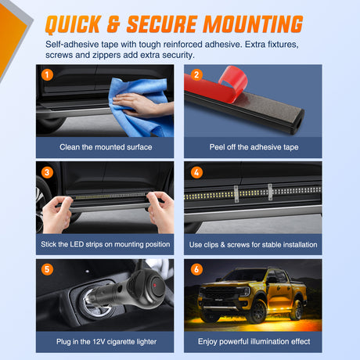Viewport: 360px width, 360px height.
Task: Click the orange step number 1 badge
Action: [x=47, y=75]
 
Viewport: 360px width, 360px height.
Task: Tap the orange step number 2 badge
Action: [x=196, y=75]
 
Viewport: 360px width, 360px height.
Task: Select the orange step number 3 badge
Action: [x=47, y=172]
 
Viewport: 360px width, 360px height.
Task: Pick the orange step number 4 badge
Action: [x=196, y=172]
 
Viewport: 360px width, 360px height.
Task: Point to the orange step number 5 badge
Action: [x=47, y=269]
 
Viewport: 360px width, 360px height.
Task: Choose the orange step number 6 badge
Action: [x=196, y=269]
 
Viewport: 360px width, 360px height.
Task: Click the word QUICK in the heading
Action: [x=74, y=24]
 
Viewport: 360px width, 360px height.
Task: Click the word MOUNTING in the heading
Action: [x=253, y=24]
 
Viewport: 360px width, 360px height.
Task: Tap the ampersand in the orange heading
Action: [x=114, y=24]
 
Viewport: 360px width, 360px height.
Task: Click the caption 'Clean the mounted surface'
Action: [x=106, y=147]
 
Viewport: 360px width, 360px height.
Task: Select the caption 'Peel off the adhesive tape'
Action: [x=254, y=147]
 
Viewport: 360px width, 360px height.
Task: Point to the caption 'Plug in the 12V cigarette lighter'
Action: [x=106, y=342]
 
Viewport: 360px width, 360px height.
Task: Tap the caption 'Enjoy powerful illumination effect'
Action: [x=254, y=342]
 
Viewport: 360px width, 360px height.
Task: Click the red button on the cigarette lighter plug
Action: [x=155, y=285]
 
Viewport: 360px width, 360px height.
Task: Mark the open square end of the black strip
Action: [x=297, y=122]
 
